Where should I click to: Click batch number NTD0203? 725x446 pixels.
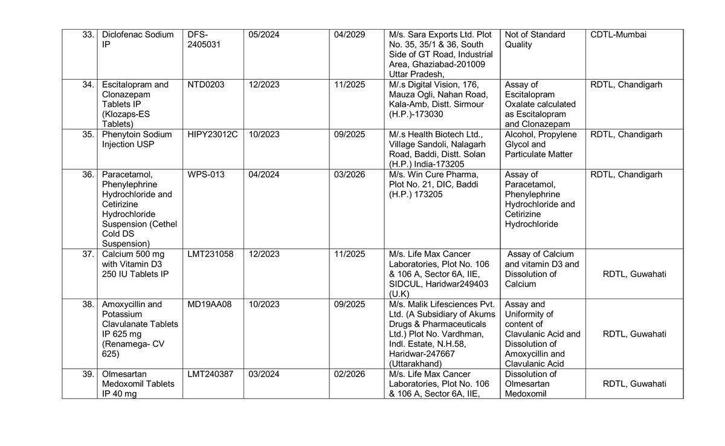pyautogui.click(x=206, y=85)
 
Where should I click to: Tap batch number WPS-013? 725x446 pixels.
pyautogui.click(x=206, y=175)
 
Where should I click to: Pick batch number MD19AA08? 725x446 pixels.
pyautogui.click(x=210, y=304)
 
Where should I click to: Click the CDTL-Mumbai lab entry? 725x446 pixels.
pyautogui.click(x=618, y=34)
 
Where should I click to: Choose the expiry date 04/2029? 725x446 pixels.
pyautogui.click(x=349, y=34)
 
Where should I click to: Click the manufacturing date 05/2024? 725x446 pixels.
pyautogui.click(x=264, y=34)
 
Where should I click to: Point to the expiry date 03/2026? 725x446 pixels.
pyautogui.click(x=349, y=175)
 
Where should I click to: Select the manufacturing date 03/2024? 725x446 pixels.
pyautogui.click(x=264, y=374)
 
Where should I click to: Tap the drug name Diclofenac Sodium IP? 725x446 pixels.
pyautogui.click(x=138, y=39)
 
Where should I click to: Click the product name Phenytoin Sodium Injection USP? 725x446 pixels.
pyautogui.click(x=137, y=139)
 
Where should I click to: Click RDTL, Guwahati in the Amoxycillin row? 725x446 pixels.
pyautogui.click(x=634, y=334)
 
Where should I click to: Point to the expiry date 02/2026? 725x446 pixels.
pyautogui.click(x=349, y=374)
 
